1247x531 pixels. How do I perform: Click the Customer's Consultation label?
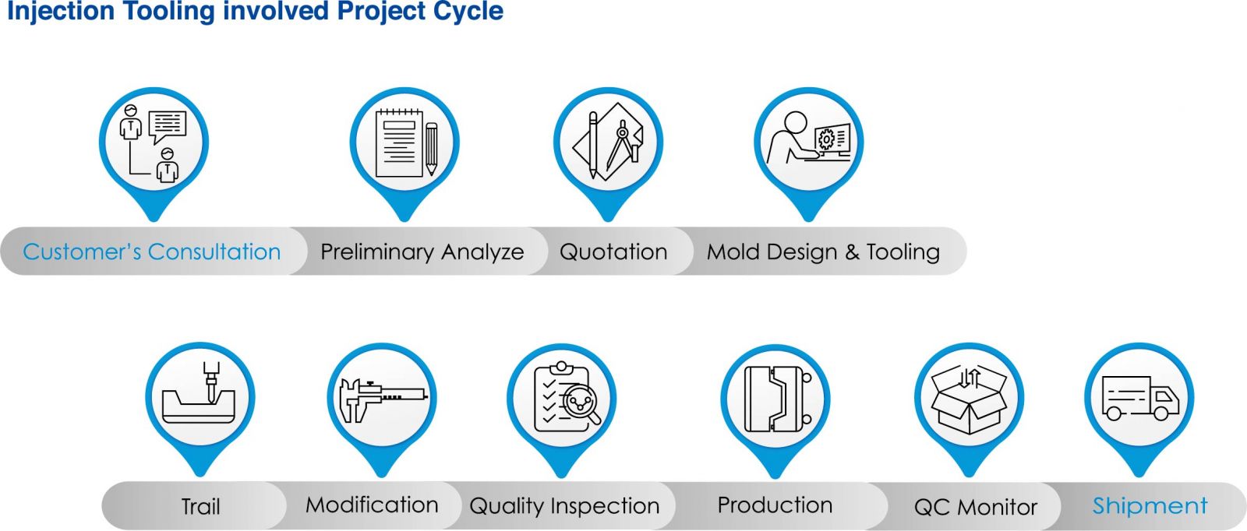tap(151, 252)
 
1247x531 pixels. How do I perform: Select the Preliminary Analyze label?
tap(422, 252)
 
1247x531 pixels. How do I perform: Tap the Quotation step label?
tap(613, 252)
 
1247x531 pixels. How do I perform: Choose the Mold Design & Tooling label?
tap(823, 252)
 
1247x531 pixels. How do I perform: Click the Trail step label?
tap(201, 507)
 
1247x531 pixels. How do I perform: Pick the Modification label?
tap(372, 505)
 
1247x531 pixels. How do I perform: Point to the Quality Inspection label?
tap(564, 506)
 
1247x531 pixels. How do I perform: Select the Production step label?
tap(775, 505)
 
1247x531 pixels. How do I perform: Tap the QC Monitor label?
tap(976, 507)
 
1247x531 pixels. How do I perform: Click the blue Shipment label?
tap(1150, 505)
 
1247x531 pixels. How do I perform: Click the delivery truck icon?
tap(1140, 398)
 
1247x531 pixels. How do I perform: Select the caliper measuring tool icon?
tap(383, 399)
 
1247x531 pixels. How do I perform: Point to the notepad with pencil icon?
tap(406, 143)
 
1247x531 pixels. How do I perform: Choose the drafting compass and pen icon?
tap(608, 141)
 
